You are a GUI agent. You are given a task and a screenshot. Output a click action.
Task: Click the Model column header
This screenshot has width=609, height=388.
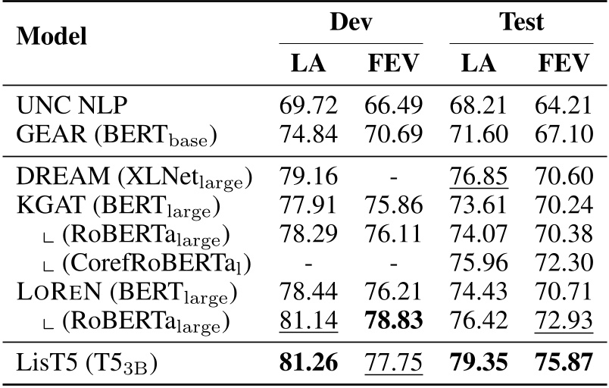point(51,36)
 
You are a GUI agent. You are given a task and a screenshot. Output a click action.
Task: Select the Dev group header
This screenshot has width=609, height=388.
point(351,21)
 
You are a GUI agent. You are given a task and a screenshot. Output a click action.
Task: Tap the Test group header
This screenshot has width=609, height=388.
point(522,21)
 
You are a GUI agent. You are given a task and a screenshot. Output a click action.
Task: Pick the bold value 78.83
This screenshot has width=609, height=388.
point(392,318)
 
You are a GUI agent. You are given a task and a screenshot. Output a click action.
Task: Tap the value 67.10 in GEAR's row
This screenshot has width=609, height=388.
point(564,136)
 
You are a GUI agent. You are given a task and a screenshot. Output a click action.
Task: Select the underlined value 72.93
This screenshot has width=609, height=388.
point(564,318)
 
